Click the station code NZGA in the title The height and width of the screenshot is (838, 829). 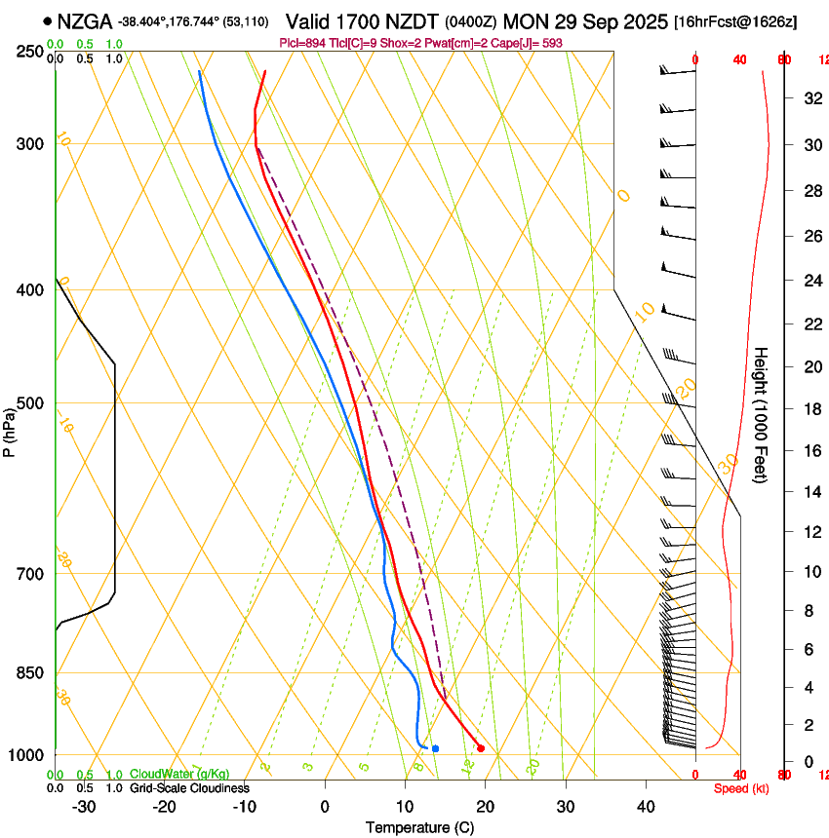point(84,21)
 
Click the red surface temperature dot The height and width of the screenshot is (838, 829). point(480,748)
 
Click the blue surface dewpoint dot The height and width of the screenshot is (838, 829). point(435,748)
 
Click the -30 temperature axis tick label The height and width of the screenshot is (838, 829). point(84,807)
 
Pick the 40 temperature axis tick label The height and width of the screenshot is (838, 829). point(646,807)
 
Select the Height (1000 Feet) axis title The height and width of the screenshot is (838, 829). point(761,414)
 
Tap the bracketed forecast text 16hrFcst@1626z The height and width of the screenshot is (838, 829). point(735,21)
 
